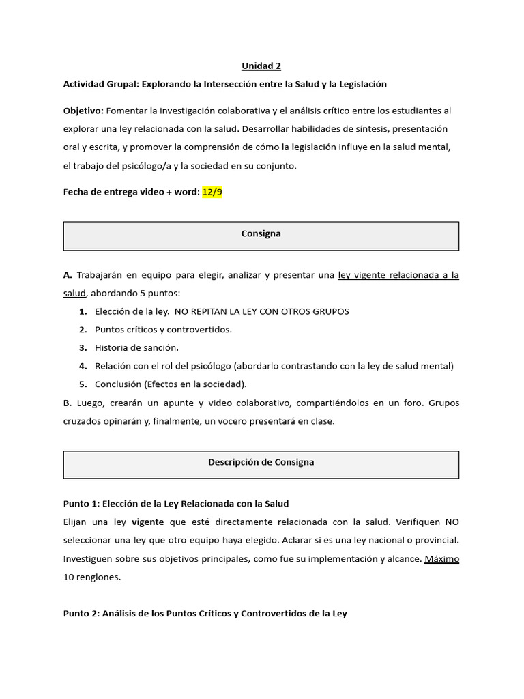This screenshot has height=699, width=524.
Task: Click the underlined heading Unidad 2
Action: pos(261,66)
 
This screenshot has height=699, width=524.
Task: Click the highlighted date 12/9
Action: pos(212,192)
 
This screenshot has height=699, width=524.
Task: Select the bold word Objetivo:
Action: pos(83,111)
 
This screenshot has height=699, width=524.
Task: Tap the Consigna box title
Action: pos(261,233)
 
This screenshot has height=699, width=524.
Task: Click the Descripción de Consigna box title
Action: pos(261,462)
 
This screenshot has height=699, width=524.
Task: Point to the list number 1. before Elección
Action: pos(83,311)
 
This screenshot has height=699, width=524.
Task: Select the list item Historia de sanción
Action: pos(136,347)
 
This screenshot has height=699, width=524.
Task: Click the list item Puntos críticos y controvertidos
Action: pos(163,330)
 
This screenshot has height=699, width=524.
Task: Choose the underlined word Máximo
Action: pos(441,558)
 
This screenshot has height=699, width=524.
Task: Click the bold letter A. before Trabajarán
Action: pos(68,275)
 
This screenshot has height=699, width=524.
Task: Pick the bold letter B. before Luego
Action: pos(68,403)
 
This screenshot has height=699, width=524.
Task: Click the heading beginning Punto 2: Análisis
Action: pos(205,614)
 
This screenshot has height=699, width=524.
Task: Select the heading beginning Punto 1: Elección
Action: pos(176,504)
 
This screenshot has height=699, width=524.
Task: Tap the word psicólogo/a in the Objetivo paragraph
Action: pos(138,165)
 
